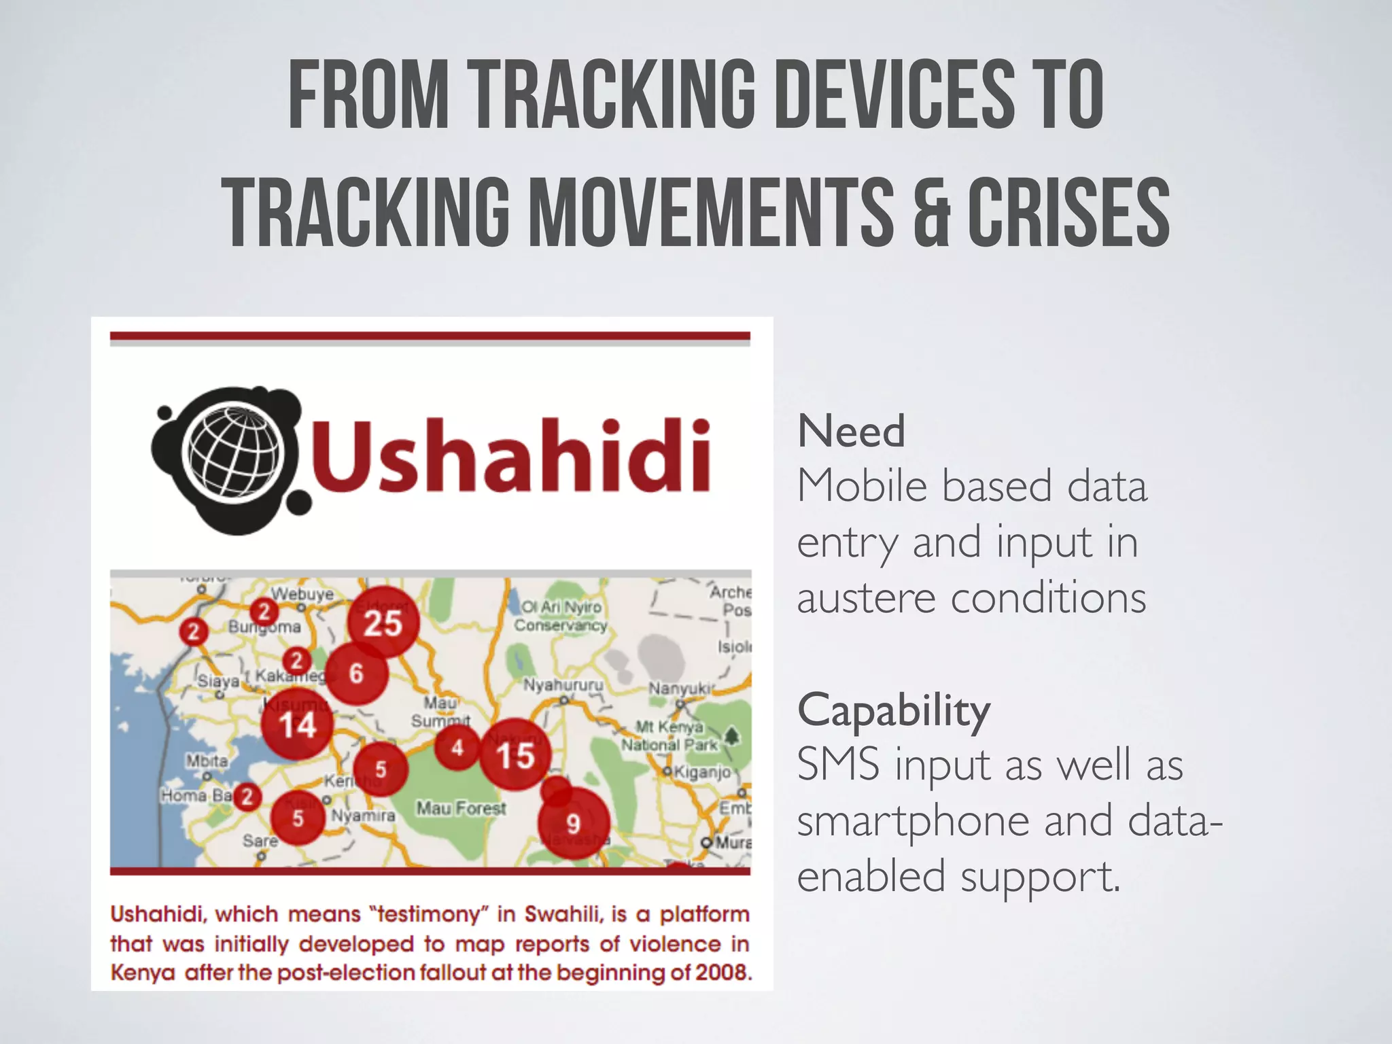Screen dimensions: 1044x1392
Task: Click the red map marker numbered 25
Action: (x=383, y=622)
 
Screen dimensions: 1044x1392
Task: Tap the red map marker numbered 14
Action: (x=298, y=724)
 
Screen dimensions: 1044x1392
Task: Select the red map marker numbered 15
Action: (x=515, y=754)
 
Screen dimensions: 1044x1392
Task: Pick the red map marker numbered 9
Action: (x=574, y=823)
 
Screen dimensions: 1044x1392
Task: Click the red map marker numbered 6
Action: (x=357, y=674)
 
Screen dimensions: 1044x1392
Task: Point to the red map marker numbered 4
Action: (x=457, y=748)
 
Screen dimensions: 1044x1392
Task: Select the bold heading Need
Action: (x=851, y=431)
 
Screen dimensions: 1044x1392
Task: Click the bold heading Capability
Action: (x=894, y=710)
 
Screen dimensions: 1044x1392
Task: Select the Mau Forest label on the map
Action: (x=462, y=808)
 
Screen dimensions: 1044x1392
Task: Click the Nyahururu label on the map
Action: (x=563, y=684)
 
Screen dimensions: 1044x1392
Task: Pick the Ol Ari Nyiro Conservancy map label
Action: (x=561, y=616)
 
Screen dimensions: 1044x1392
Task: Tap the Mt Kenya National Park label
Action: (x=669, y=736)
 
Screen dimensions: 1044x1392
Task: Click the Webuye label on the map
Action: (x=302, y=594)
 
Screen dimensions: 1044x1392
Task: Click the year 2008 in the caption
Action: (x=723, y=973)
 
